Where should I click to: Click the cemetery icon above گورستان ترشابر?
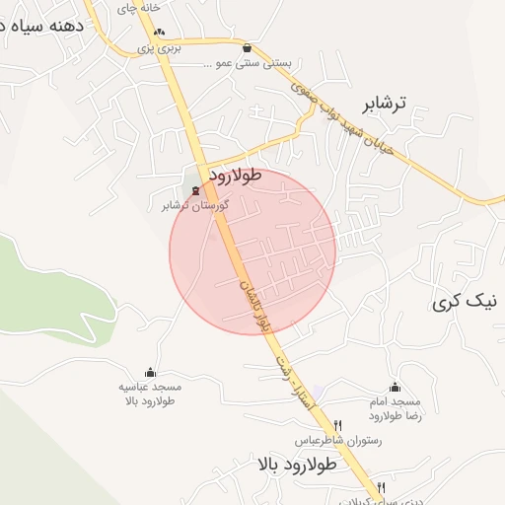pos(195,189)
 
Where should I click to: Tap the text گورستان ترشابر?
pos(195,206)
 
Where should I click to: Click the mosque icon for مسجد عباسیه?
pos(150,372)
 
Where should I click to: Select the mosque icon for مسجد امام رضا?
pos(396,387)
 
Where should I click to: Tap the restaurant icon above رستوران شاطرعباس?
pos(338,425)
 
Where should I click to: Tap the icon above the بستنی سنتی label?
pos(247,47)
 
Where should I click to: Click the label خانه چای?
pos(138,8)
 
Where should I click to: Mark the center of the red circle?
pos(252,252)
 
